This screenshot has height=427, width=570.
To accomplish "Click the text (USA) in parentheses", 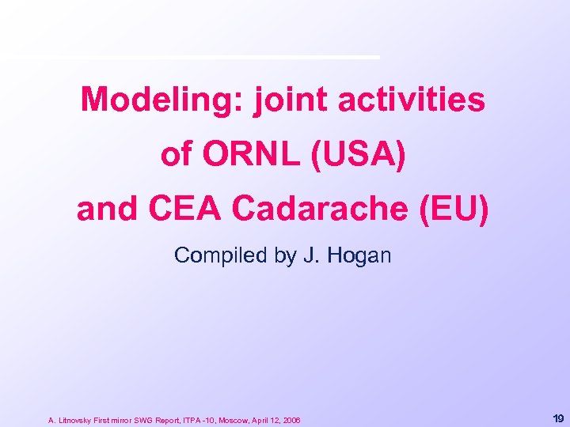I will pyautogui.click(x=362, y=155).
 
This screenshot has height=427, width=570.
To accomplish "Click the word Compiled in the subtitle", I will pyautogui.click(x=208, y=255).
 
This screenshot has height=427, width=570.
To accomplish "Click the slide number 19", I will pyautogui.click(x=557, y=418).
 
